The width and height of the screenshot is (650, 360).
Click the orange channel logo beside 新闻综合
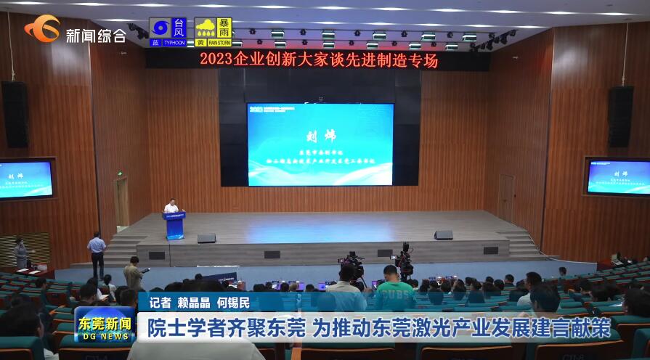pyautogui.click(x=43, y=30)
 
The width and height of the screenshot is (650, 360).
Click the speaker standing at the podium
pyautogui.click(x=171, y=206)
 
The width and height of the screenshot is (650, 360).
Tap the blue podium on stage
pyautogui.click(x=174, y=225)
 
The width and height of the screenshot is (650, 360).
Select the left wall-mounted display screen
pyautogui.click(x=25, y=179)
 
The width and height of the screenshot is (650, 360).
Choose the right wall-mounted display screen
pyautogui.click(x=618, y=176)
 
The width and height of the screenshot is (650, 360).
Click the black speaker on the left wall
pyautogui.click(x=15, y=114)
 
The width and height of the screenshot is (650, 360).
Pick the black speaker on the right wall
pyautogui.click(x=620, y=116)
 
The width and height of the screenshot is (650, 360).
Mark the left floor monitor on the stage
pyautogui.click(x=206, y=238)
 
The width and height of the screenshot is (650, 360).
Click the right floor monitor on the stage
pyautogui.click(x=443, y=235)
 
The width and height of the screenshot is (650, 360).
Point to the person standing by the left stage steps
pyautogui.click(x=97, y=253)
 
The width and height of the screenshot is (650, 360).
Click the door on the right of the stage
pyautogui.click(x=505, y=197)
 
